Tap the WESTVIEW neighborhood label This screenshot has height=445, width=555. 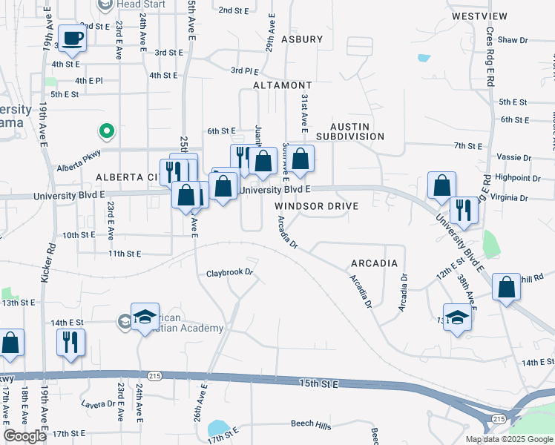pyautogui.click(x=479, y=16)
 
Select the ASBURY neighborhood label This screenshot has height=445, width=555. pyautogui.click(x=302, y=39)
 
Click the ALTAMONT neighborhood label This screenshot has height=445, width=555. pyautogui.click(x=282, y=86)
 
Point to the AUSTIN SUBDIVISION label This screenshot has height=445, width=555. pyautogui.click(x=350, y=131)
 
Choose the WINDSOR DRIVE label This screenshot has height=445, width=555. pyautogui.click(x=317, y=206)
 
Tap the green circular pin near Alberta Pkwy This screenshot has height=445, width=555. pyautogui.click(x=107, y=132)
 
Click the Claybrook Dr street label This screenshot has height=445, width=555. pyautogui.click(x=230, y=273)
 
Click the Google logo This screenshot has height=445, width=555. pyautogui.click(x=24, y=436)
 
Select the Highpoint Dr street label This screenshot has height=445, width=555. pyautogui.click(x=518, y=178)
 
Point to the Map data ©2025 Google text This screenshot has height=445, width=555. pyautogui.click(x=508, y=439)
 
